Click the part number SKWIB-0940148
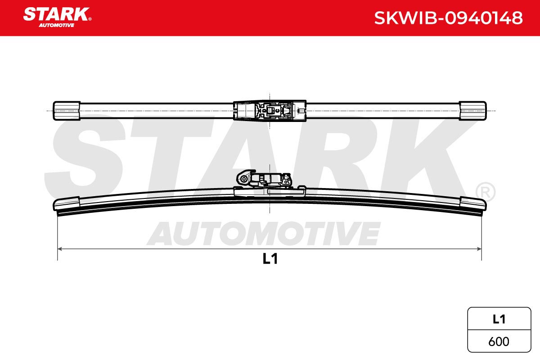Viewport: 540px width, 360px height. click(448, 18)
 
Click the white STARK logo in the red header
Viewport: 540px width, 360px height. click(56, 14)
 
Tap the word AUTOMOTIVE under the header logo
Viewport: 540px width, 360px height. click(56, 25)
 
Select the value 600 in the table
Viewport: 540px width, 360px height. click(499, 342)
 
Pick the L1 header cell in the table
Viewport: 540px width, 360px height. click(499, 319)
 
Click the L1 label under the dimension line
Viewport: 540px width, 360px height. click(270, 259)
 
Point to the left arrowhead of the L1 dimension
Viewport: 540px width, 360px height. click(60, 249)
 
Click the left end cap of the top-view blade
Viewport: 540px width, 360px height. click(67, 111)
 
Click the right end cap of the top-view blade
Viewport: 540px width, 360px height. click(473, 111)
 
